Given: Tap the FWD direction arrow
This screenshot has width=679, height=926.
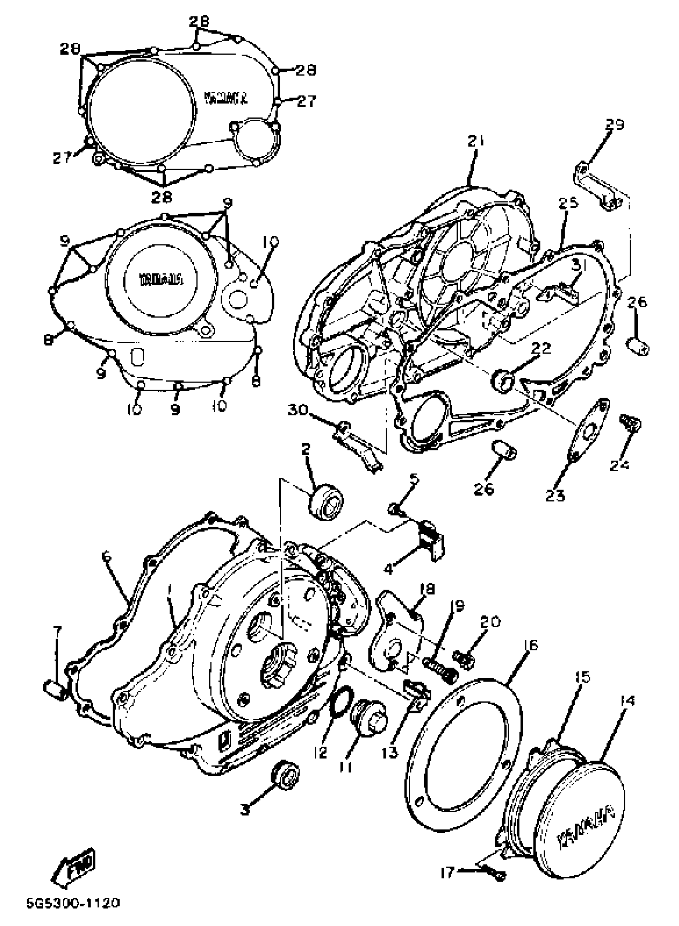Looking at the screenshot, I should pos(73,870).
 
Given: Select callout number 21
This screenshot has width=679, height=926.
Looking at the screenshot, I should pos(476,141).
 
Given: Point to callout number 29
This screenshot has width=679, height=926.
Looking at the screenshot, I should pos(614,125).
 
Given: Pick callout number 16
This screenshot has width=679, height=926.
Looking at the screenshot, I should pos(531,645).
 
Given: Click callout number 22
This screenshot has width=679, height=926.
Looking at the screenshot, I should pos(541,348).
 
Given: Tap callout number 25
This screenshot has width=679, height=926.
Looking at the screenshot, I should pos(568,203).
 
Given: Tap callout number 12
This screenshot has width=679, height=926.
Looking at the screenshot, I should pos(320,752).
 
